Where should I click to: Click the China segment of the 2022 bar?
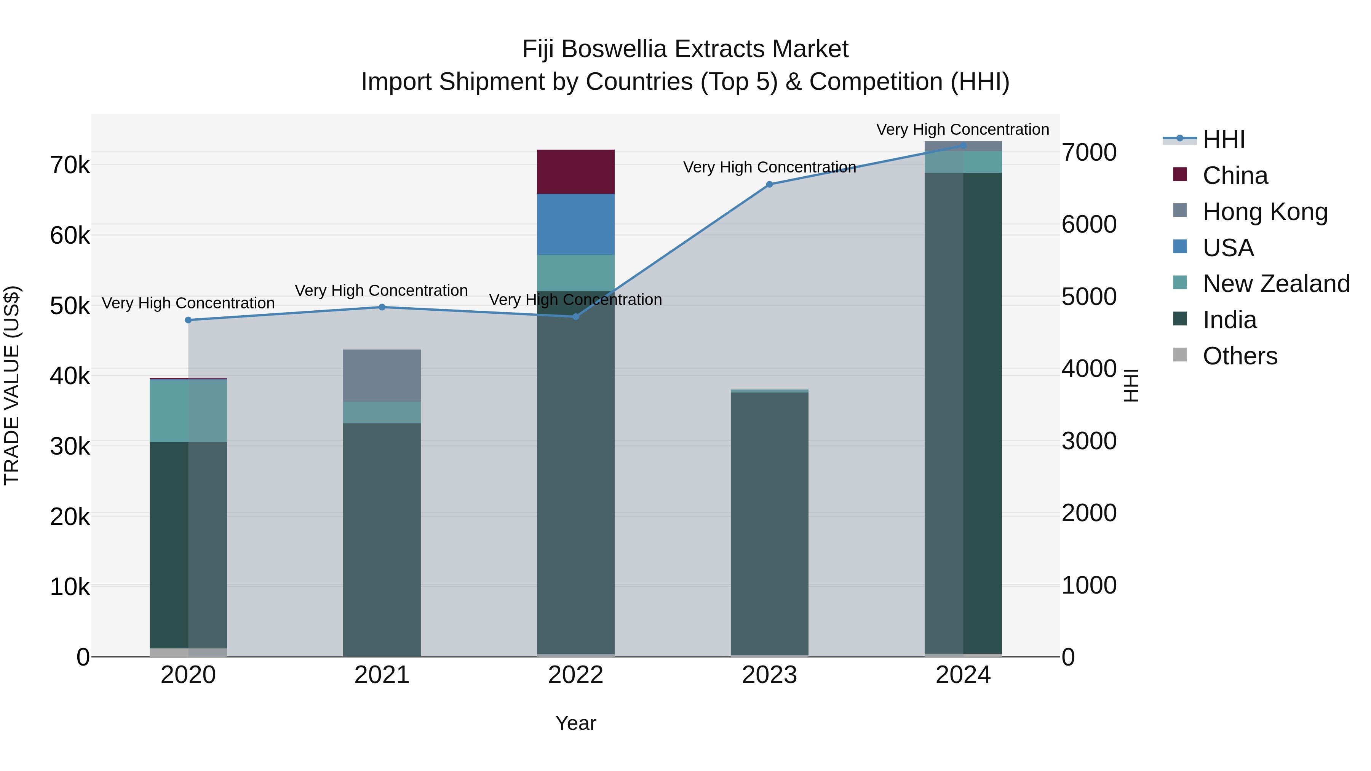575,171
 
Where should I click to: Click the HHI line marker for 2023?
769,184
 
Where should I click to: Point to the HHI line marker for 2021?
382,307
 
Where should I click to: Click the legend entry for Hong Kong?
1264,211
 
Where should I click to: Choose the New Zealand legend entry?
1276,284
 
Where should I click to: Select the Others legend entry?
1240,356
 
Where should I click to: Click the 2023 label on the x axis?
769,675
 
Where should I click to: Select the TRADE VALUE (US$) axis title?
12,385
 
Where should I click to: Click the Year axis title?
575,723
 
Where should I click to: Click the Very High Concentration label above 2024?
962,129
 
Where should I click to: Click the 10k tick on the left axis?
70,587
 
